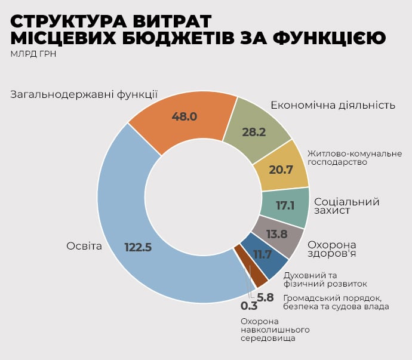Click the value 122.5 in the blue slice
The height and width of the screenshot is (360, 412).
click(x=138, y=247)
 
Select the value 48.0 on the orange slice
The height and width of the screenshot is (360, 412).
click(x=185, y=116)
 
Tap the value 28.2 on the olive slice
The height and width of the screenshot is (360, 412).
click(x=254, y=133)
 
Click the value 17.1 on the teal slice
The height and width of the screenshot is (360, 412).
click(x=285, y=205)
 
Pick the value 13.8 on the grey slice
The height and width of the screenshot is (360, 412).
click(x=276, y=234)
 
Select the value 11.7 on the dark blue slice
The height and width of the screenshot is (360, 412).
click(x=263, y=255)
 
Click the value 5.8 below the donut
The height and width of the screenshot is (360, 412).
click(x=265, y=297)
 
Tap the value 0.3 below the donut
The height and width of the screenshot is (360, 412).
click(x=249, y=306)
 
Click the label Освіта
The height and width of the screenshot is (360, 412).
click(x=84, y=246)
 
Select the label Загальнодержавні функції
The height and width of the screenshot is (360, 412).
click(x=84, y=94)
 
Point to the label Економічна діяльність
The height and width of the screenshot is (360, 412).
click(x=333, y=105)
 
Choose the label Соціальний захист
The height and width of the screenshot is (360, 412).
click(x=346, y=206)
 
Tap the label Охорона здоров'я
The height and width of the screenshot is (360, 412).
click(x=331, y=250)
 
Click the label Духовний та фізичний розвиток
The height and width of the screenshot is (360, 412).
click(x=325, y=279)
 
